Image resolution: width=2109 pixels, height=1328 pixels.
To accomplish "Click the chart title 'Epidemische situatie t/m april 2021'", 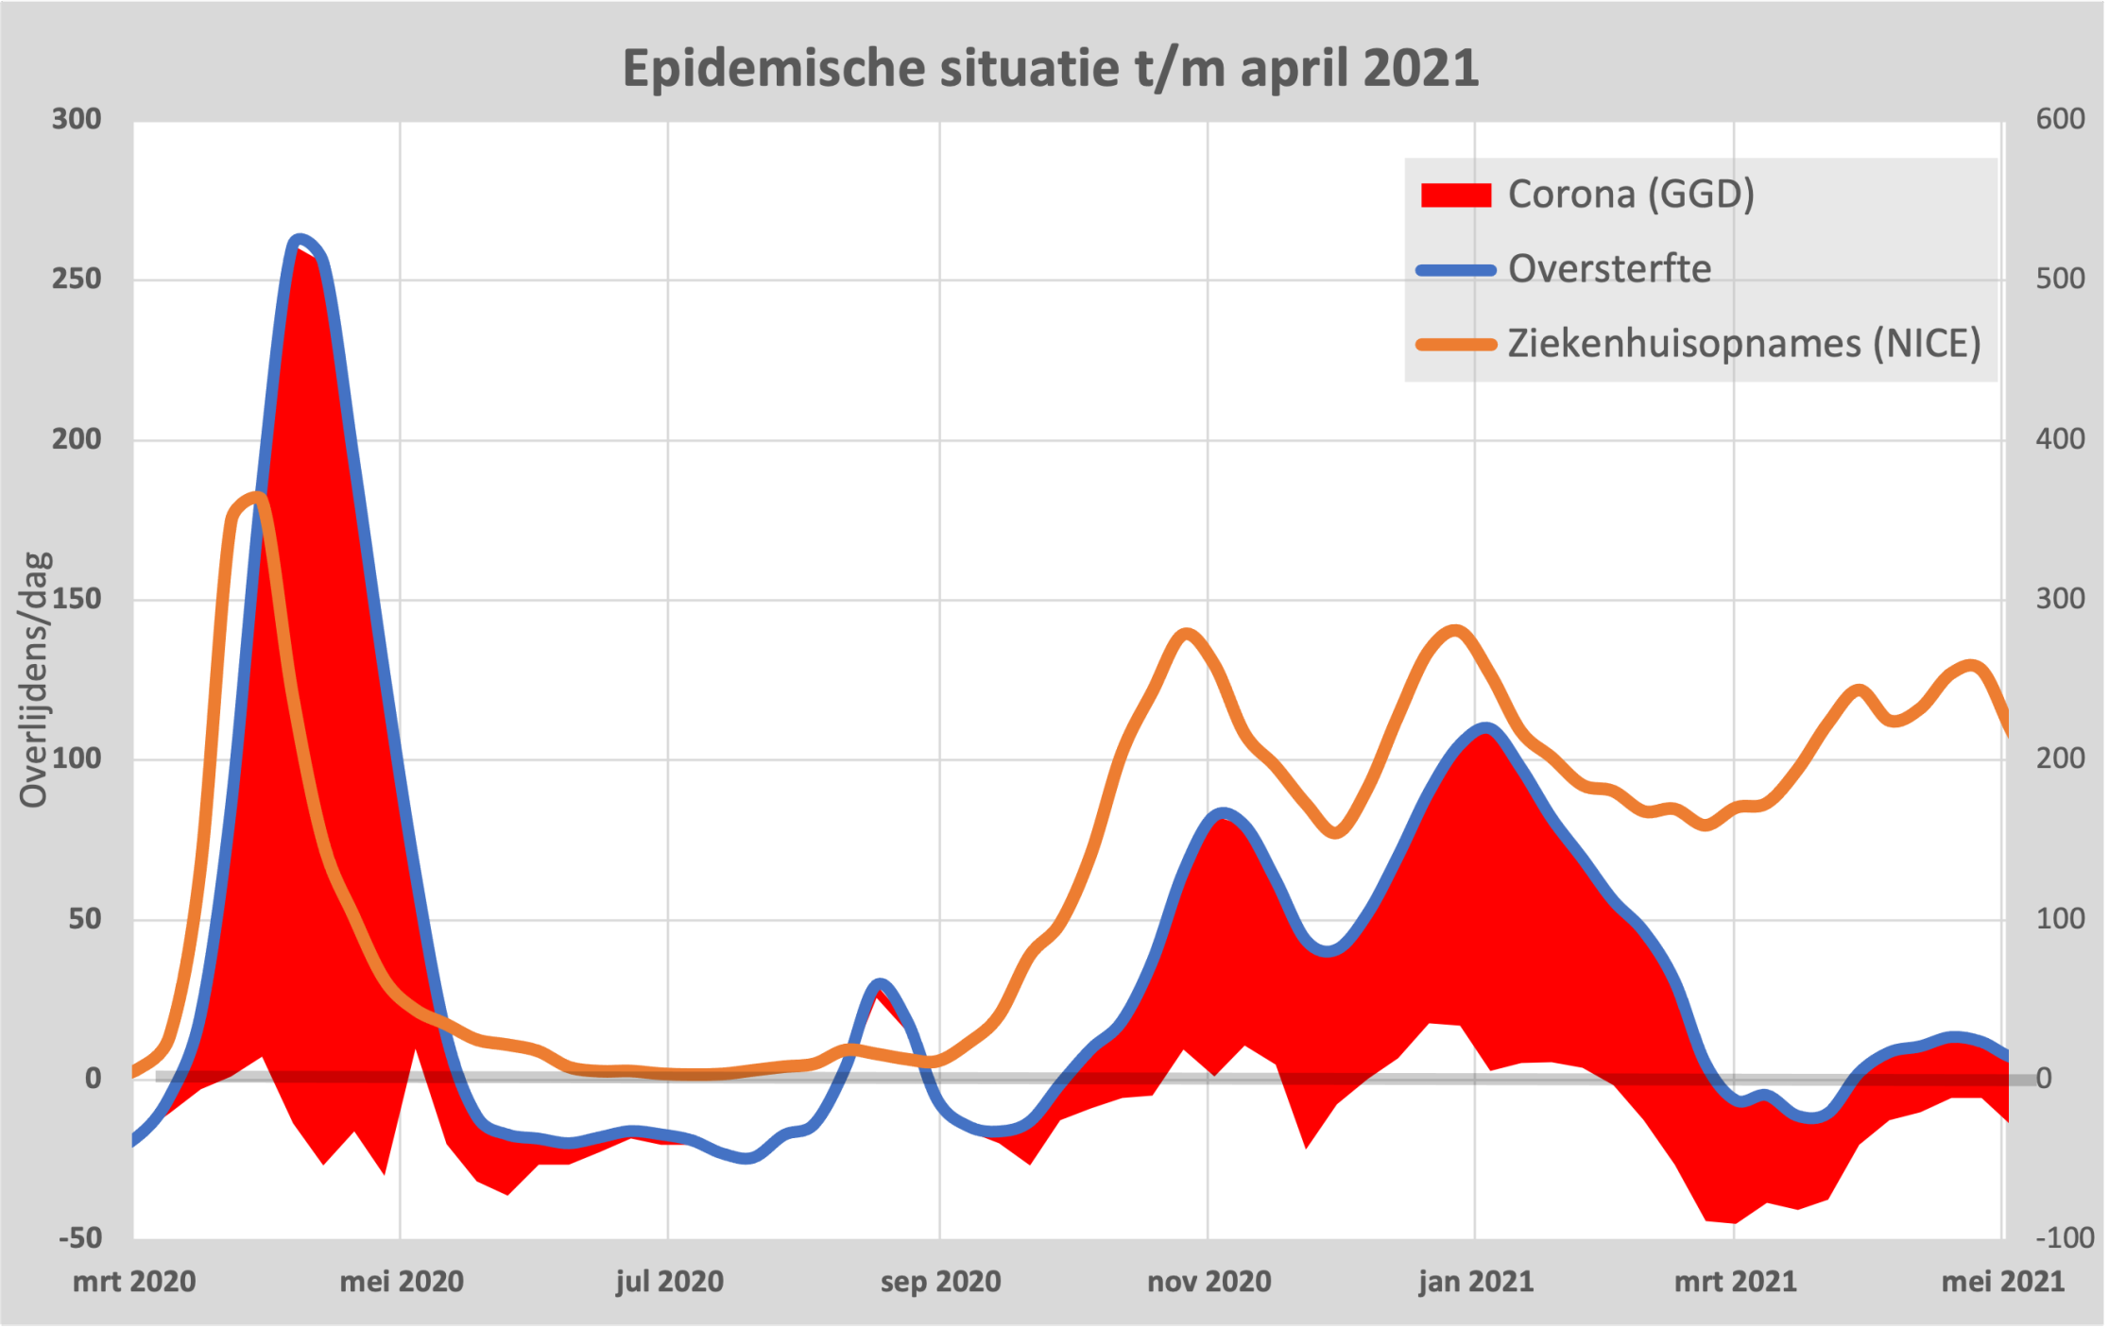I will coord(1050,68).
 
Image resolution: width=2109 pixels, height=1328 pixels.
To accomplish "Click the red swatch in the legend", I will coord(1455,196).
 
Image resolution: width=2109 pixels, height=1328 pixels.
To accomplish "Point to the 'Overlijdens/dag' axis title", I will coord(34,680).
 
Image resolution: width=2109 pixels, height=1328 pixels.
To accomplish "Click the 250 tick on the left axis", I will coord(77,280).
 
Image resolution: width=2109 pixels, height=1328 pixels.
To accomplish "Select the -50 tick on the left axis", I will coord(80,1237).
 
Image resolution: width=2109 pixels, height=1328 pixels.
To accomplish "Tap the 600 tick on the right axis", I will coord(2060,119).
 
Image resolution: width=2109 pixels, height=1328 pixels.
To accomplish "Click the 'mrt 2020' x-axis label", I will coord(134,1282).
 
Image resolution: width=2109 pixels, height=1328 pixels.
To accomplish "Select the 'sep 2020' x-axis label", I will coord(940,1282).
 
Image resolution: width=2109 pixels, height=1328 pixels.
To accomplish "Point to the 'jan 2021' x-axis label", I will coord(1475,1282).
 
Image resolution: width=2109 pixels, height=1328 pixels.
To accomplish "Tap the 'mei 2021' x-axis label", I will coord(2002,1282).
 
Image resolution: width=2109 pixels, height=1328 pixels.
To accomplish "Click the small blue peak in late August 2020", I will coord(880,985).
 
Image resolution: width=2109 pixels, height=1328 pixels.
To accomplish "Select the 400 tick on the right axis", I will coord(2060,439).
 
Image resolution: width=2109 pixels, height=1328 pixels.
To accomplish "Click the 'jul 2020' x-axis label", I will coord(669,1282).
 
